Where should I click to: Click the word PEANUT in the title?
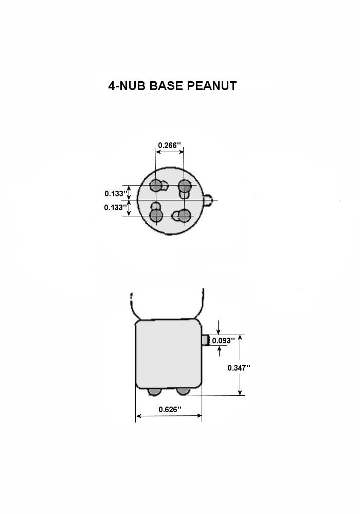click(x=212, y=86)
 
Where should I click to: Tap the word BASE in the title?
click(x=166, y=86)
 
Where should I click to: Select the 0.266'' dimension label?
click(x=169, y=145)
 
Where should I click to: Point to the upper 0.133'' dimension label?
click(x=115, y=193)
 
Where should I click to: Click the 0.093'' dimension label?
click(x=223, y=341)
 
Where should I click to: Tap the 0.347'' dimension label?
click(x=239, y=368)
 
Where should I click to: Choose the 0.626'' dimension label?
click(x=170, y=410)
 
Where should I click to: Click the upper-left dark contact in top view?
click(x=156, y=186)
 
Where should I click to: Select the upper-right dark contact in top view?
click(x=185, y=186)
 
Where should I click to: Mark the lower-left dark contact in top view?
click(x=156, y=216)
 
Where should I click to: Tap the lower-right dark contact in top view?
click(x=185, y=216)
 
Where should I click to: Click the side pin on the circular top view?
click(x=208, y=199)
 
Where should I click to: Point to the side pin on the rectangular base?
click(x=205, y=340)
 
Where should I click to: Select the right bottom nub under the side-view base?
click(x=183, y=391)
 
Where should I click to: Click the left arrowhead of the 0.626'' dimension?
click(x=138, y=416)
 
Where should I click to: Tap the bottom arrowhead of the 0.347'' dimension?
click(x=240, y=392)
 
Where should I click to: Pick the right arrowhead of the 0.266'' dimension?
click(x=181, y=152)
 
